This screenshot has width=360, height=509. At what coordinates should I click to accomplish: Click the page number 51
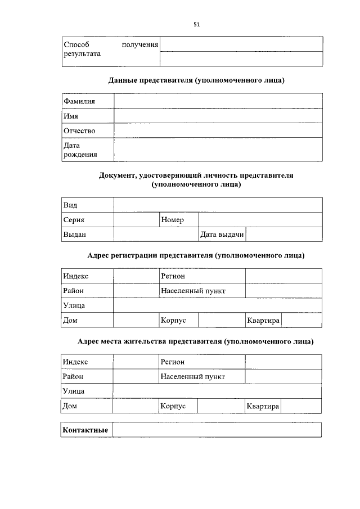(196, 24)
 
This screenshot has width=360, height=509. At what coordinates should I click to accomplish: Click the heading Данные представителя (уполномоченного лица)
(196, 80)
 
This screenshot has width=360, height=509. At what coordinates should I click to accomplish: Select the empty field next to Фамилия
(218, 101)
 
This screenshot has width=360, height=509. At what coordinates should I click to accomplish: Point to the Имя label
(71, 116)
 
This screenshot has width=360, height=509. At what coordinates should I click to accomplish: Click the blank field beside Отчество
(218, 130)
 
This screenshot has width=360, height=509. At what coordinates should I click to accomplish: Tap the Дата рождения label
(80, 150)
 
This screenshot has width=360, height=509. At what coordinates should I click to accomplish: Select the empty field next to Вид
(218, 205)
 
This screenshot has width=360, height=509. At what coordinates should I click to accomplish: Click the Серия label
(74, 220)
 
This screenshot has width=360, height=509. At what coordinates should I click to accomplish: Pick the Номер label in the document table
(172, 220)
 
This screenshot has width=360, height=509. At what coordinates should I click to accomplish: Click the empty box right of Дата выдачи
(283, 234)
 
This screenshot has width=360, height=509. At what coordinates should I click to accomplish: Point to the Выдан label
(75, 234)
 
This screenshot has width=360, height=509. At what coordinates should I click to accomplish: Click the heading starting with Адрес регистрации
(196, 255)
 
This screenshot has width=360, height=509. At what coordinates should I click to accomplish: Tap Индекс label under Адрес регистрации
(76, 276)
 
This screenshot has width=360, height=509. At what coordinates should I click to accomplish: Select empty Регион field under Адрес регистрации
(283, 276)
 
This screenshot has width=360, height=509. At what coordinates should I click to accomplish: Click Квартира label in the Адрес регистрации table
(263, 320)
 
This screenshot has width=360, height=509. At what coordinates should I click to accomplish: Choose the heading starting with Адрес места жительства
(196, 341)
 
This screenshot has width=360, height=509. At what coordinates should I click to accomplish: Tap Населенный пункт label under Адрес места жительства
(192, 376)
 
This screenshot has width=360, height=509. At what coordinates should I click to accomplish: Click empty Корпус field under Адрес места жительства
(220, 406)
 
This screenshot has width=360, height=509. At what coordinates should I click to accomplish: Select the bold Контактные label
(85, 430)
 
